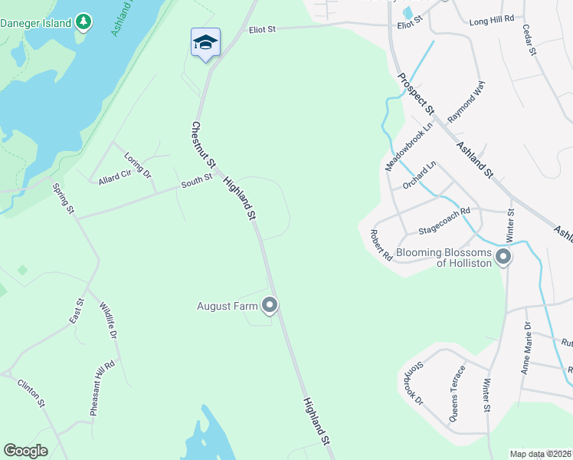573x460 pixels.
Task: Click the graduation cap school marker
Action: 205,42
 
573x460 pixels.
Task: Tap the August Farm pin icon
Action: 270,306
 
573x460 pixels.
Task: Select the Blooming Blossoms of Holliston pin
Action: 503,257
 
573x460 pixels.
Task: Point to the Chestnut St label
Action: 204,146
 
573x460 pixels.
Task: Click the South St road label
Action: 196,182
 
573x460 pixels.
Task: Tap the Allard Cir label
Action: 114,179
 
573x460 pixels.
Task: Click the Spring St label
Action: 63,199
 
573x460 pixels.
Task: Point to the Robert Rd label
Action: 381,245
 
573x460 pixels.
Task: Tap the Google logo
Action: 25,450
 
